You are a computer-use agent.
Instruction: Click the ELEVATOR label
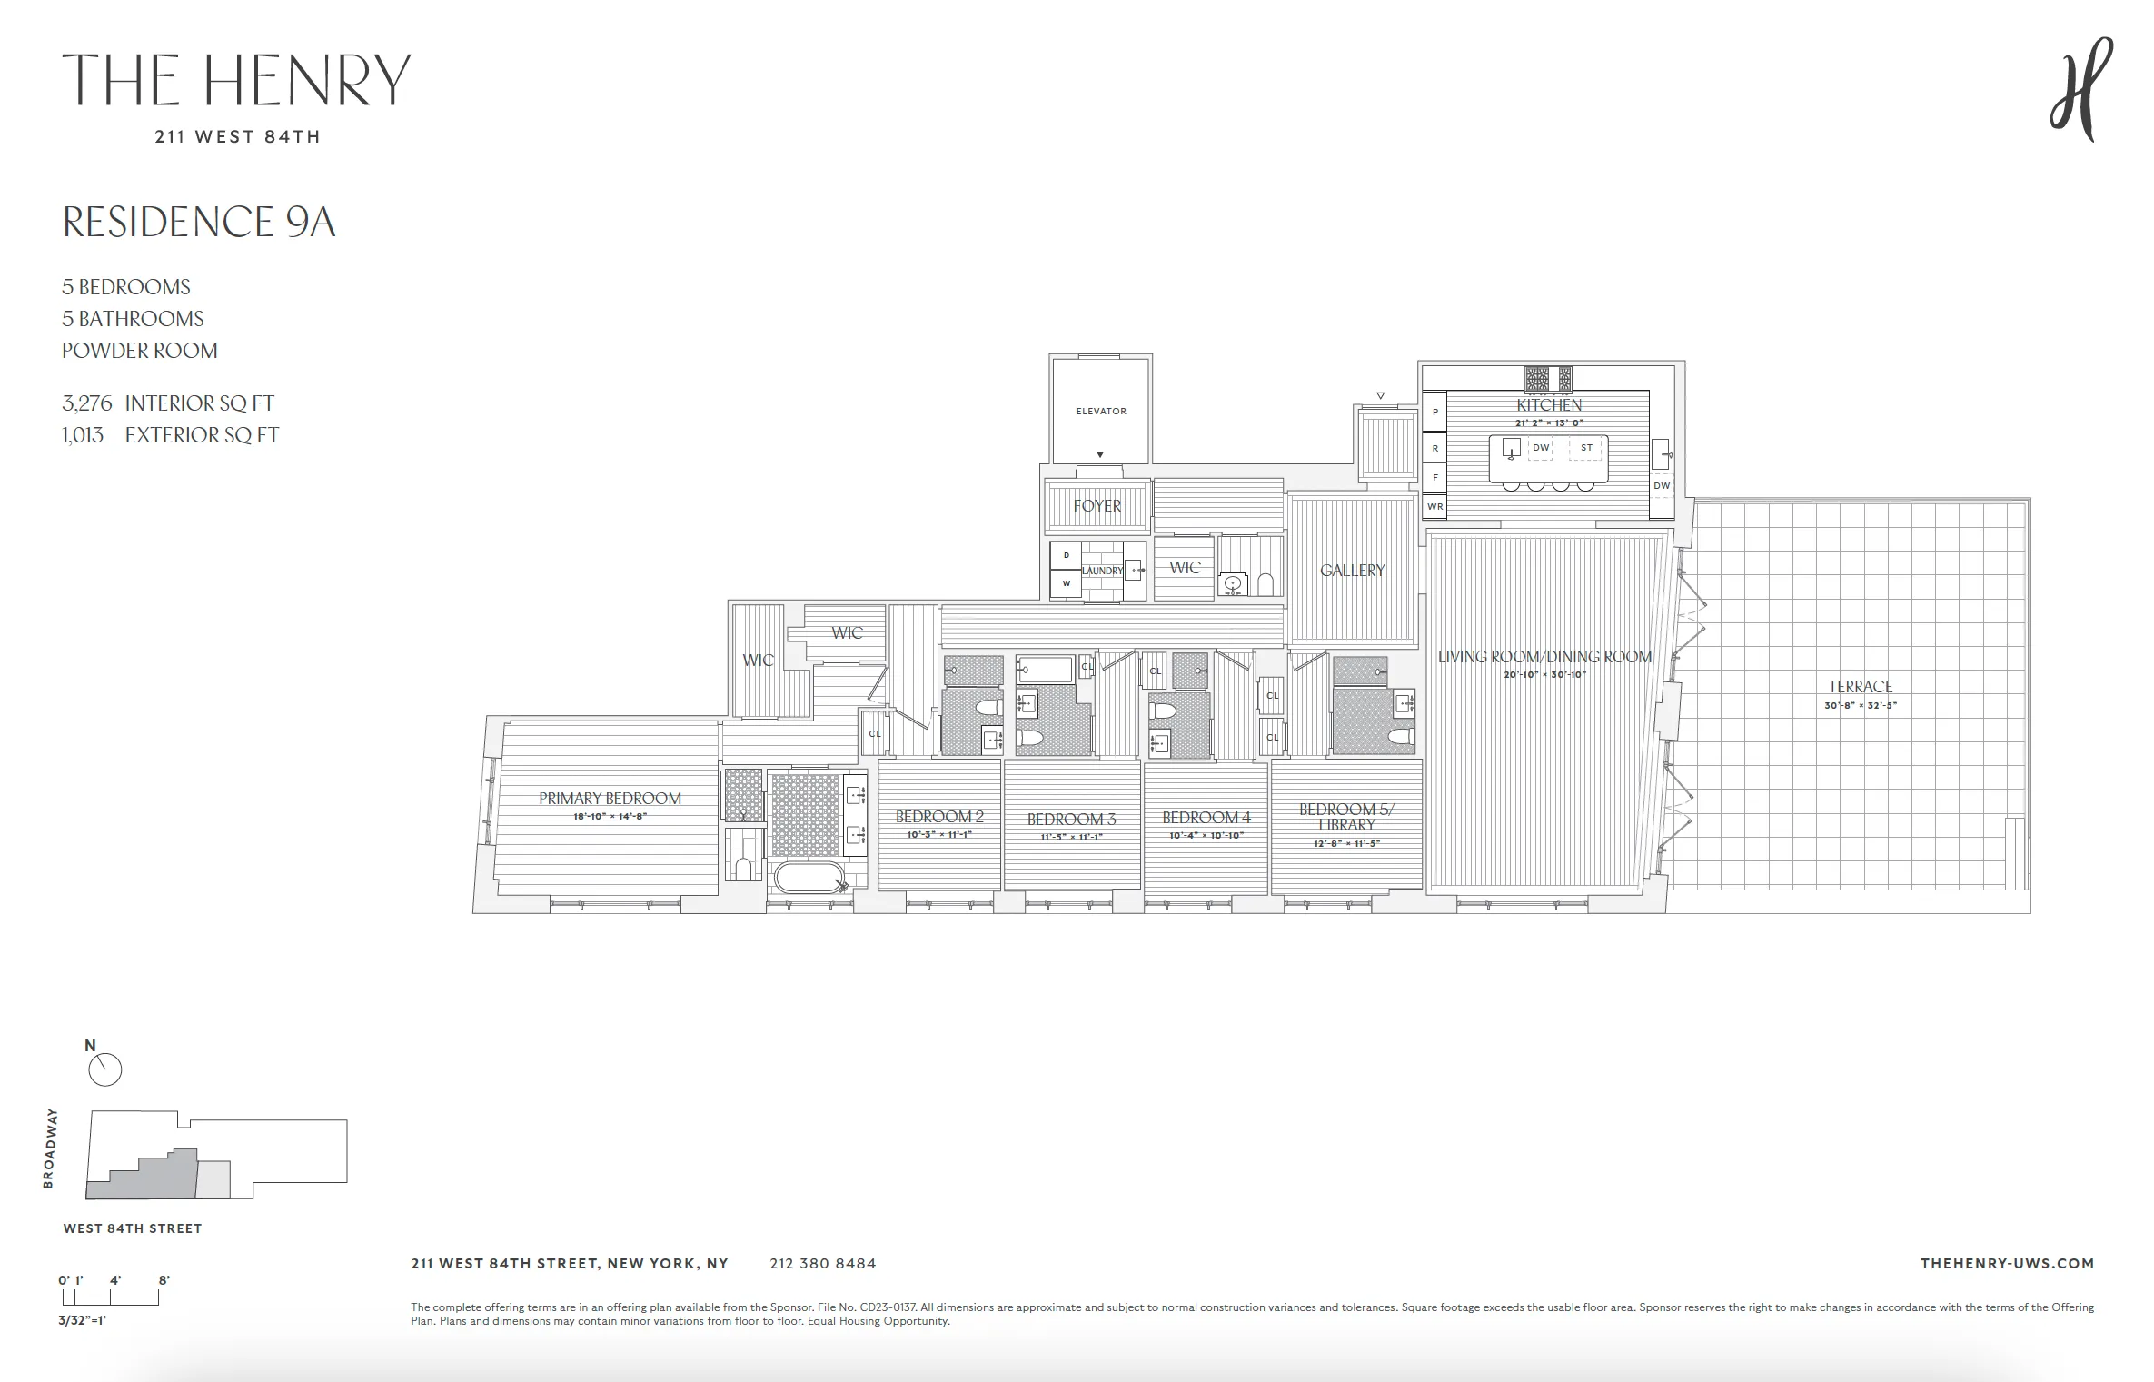[x=1100, y=412]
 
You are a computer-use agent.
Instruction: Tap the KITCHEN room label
[x=1548, y=405]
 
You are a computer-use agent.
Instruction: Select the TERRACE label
[x=1860, y=687]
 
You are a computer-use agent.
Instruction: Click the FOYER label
[x=1097, y=506]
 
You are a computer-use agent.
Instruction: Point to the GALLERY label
[x=1352, y=571]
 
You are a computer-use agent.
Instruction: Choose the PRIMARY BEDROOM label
[x=610, y=799]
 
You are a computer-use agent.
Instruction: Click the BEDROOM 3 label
[x=1071, y=820]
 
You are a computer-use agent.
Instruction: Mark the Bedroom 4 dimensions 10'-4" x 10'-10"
[x=1206, y=836]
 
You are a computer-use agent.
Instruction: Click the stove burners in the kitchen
[x=1547, y=378]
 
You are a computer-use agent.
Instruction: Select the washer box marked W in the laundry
[x=1066, y=584]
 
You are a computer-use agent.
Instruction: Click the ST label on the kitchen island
[x=1586, y=448]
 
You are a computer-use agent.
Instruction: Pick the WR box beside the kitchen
[x=1434, y=507]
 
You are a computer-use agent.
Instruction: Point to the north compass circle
[x=104, y=1069]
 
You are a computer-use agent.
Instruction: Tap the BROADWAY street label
[x=50, y=1148]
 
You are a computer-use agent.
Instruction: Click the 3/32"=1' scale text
[x=83, y=1320]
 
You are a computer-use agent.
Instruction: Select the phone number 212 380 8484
[x=822, y=1264]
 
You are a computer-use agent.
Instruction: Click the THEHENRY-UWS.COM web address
[x=2006, y=1264]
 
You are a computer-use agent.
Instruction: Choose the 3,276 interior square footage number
[x=86, y=403]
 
